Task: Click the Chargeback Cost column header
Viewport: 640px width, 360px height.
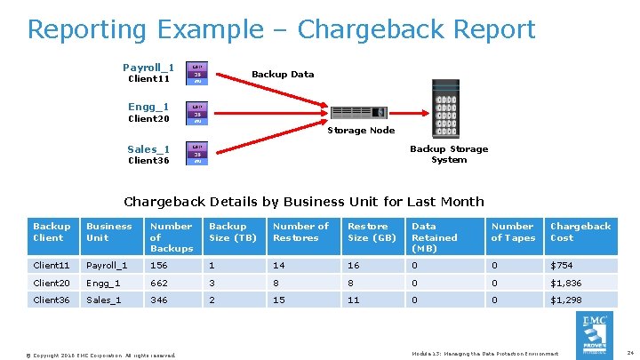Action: coord(580,232)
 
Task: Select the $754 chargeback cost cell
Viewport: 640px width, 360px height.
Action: coord(563,265)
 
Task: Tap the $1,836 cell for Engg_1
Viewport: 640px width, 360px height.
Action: coord(566,283)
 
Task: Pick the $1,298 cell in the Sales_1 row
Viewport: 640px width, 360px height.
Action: coord(566,300)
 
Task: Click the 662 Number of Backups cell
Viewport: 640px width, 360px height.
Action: coord(160,283)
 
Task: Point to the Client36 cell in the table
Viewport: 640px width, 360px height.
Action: coord(52,300)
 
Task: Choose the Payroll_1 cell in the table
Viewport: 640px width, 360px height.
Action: coord(107,265)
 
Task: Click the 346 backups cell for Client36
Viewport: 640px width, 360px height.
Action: coord(160,300)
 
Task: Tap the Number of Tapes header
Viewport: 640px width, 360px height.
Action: coord(513,232)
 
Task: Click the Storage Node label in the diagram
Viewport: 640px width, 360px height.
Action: coord(361,131)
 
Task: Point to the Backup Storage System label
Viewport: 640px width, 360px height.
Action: coord(449,155)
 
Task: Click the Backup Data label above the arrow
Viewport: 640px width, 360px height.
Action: coord(283,74)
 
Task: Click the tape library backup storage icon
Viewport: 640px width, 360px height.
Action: coord(447,115)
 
